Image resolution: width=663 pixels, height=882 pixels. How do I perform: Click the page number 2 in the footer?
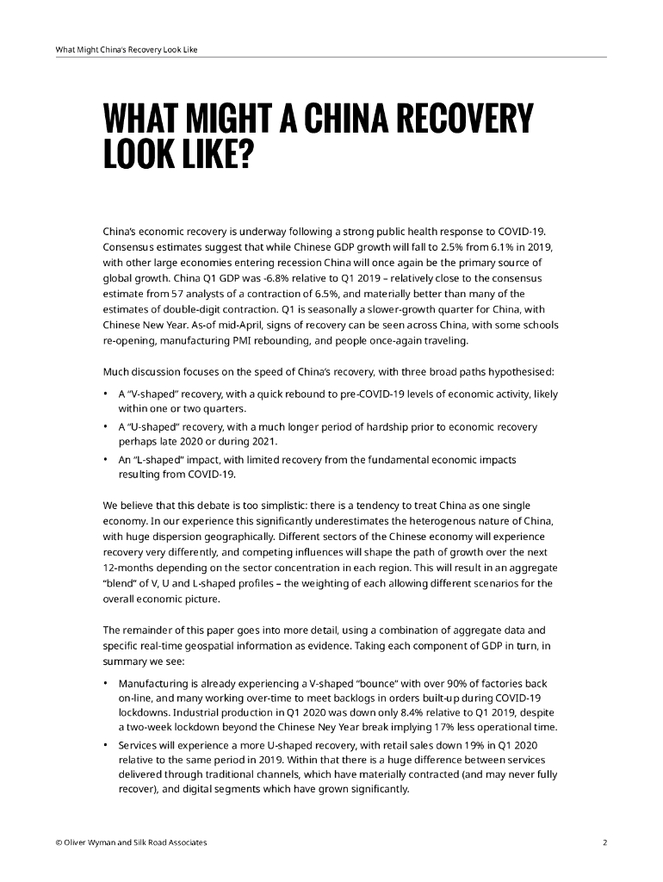[x=604, y=842]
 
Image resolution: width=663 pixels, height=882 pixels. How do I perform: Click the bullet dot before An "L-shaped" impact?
[x=105, y=459]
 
